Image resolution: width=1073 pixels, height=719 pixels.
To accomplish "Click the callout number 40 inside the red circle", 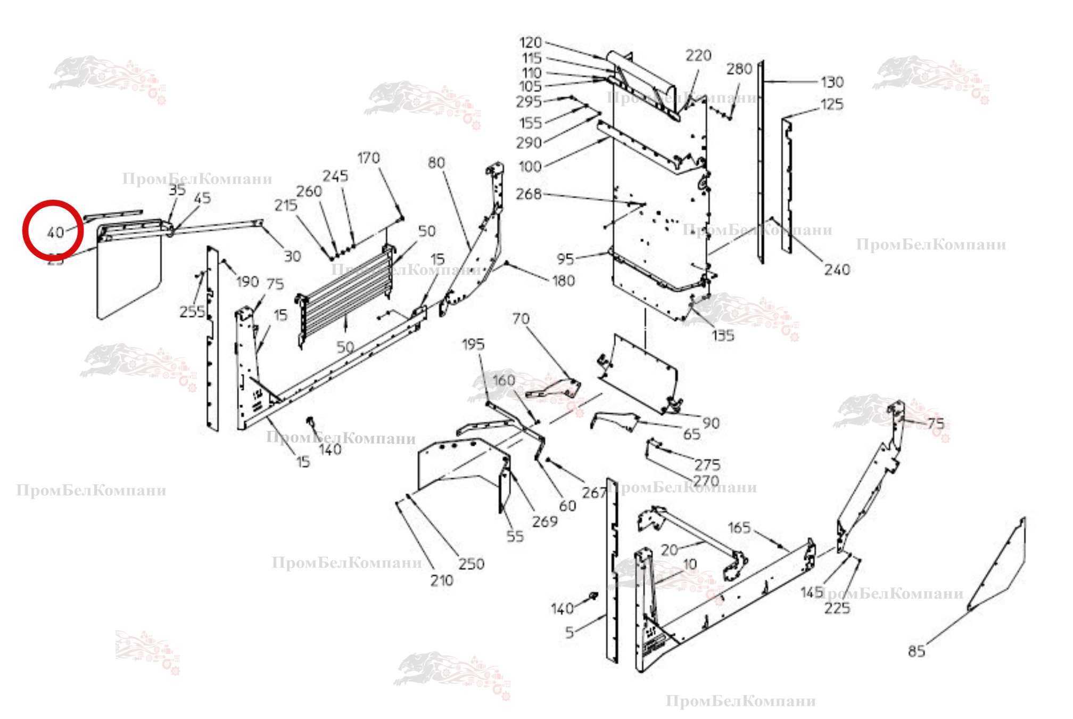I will point(55,233).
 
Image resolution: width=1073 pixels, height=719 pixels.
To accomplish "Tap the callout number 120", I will point(530,43).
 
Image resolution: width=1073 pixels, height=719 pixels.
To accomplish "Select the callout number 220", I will point(698,56).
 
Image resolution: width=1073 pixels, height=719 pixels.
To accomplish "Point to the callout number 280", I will point(739,69).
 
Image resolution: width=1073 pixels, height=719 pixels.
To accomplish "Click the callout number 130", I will point(832,83).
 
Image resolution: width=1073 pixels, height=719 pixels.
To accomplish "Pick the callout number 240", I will point(837,270).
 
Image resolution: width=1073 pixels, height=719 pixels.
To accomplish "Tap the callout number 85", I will point(916,651).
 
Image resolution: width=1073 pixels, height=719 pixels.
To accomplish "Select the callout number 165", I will point(739,528).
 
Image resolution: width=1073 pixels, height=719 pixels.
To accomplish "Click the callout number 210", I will point(442,581).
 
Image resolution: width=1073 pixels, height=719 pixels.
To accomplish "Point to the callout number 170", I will point(368,158).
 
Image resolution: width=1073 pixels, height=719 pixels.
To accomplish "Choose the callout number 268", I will point(528,194).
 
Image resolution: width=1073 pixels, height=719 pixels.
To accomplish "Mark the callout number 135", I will point(722,336).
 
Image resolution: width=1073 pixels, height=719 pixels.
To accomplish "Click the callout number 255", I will point(192,312).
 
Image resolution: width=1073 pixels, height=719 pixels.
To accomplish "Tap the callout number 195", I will point(473,345).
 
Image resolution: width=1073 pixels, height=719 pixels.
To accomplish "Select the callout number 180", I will point(563,281).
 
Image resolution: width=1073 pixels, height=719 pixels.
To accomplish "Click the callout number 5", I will point(569,633).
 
